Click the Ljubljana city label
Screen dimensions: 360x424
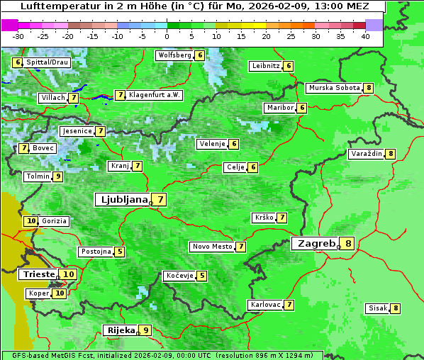pyautogui.click(x=123, y=200)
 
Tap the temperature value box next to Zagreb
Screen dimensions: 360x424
pyautogui.click(x=348, y=244)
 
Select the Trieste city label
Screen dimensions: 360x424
pyautogui.click(x=39, y=274)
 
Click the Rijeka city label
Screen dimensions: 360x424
pyautogui.click(x=120, y=330)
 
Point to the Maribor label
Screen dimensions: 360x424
pyautogui.click(x=279, y=108)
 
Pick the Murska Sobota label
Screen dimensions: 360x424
pyautogui.click(x=333, y=88)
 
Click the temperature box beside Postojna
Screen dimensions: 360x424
pyautogui.click(x=120, y=252)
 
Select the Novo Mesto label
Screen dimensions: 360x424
pyautogui.click(x=212, y=247)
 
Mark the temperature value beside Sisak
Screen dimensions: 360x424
pyautogui.click(x=395, y=308)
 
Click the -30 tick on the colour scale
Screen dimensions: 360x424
pyautogui.click(x=18, y=35)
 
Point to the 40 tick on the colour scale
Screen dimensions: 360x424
pyautogui.click(x=365, y=35)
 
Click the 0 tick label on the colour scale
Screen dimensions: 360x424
pyautogui.click(x=167, y=35)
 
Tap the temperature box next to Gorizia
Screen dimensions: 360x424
pyautogui.click(x=30, y=221)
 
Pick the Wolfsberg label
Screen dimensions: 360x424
pyautogui.click(x=174, y=55)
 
